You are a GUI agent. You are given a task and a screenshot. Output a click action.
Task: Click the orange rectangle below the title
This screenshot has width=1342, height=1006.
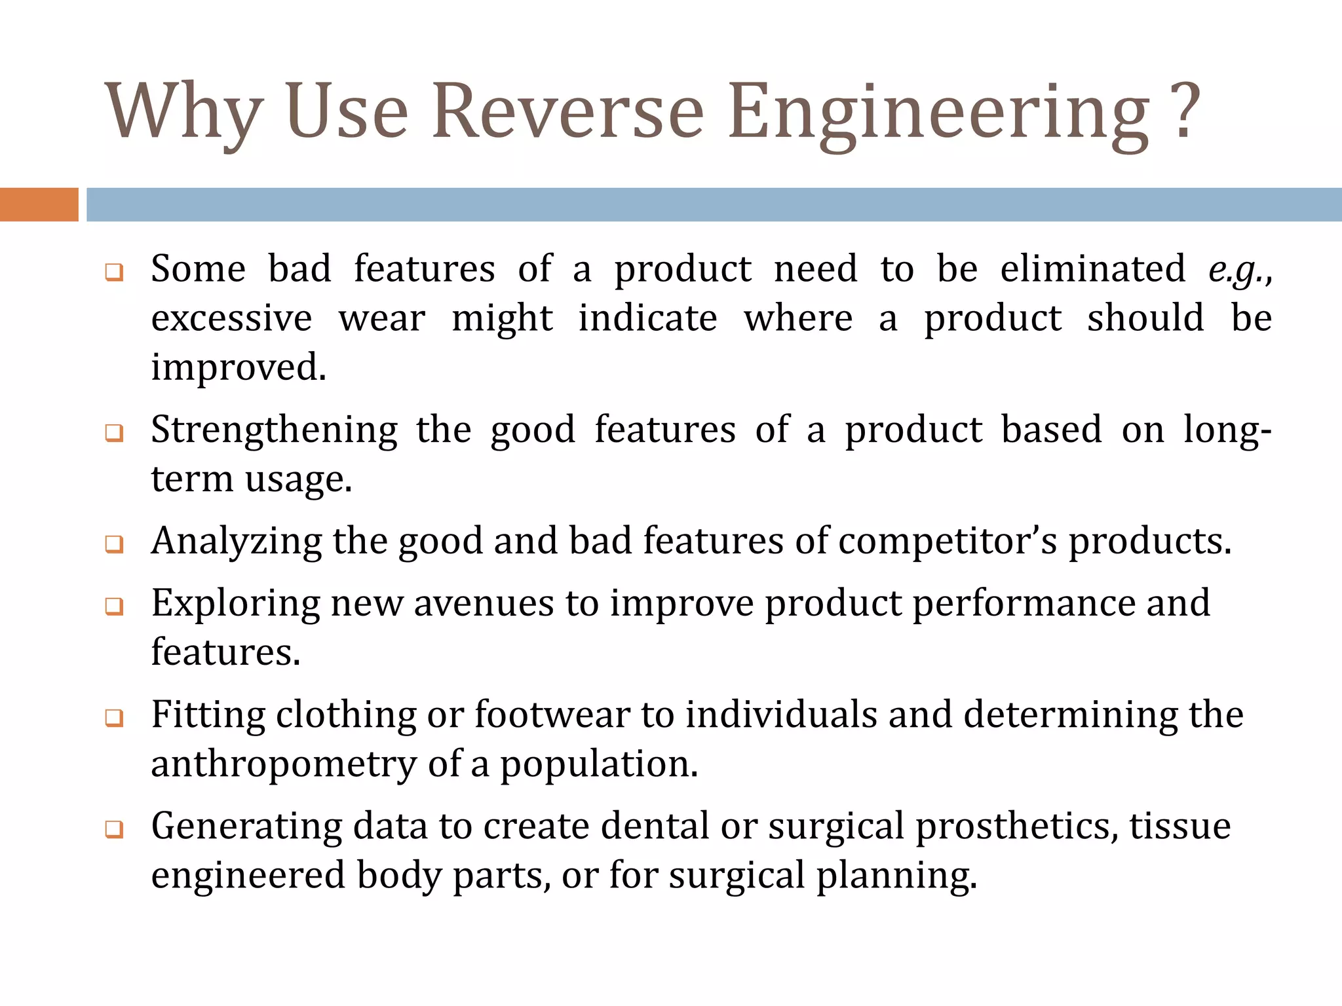pyautogui.click(x=39, y=204)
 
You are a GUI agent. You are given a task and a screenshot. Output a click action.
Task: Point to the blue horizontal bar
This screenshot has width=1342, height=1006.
pyautogui.click(x=714, y=204)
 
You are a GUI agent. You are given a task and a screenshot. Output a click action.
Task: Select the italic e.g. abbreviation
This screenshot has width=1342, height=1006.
pyautogui.click(x=1235, y=269)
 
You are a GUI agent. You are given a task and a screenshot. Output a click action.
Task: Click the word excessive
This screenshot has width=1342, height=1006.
pyautogui.click(x=231, y=319)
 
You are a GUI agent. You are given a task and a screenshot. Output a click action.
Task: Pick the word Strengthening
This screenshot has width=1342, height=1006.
pyautogui.click(x=274, y=431)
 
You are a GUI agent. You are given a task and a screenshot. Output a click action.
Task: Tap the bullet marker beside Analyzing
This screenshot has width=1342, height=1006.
pyautogui.click(x=114, y=544)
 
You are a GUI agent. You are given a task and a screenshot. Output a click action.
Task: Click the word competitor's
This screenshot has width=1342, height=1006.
pyautogui.click(x=947, y=542)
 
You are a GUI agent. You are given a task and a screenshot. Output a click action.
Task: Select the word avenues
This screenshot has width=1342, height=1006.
pyautogui.click(x=484, y=603)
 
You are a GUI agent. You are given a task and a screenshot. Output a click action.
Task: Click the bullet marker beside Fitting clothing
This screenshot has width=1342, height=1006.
pyautogui.click(x=114, y=718)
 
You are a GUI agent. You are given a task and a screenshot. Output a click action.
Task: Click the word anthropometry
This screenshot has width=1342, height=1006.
pyautogui.click(x=284, y=765)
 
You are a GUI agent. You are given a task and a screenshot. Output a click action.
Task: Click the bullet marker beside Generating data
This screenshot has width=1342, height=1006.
pyautogui.click(x=114, y=829)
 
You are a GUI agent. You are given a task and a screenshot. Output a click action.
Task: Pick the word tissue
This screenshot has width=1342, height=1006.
pyautogui.click(x=1179, y=827)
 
